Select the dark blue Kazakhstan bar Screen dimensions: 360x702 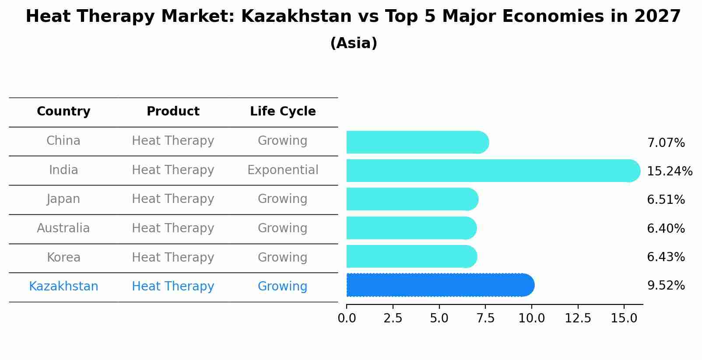tap(439, 285)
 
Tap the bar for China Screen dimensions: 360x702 tap(417, 142)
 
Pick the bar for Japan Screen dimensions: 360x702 tap(411, 199)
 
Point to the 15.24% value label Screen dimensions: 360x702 tap(670, 171)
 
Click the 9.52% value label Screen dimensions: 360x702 tap(666, 286)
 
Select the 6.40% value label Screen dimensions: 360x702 tap(666, 228)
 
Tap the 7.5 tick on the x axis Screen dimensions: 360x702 tap(485, 318)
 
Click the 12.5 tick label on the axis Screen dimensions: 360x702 tap(578, 318)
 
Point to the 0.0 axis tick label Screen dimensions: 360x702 tap(347, 318)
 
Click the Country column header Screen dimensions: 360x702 tap(63, 112)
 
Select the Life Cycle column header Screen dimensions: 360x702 tap(283, 112)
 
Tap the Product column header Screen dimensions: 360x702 tap(173, 112)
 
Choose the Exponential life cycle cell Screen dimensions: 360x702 tap(283, 170)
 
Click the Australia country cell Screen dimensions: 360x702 tap(63, 228)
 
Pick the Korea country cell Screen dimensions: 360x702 tap(63, 257)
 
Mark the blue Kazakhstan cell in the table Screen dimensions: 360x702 tap(63, 287)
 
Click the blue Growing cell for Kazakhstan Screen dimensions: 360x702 tap(282, 287)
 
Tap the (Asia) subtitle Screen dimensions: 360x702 tap(354, 43)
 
